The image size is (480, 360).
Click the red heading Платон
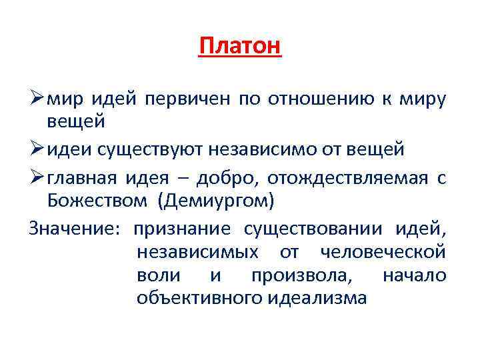[x=240, y=47]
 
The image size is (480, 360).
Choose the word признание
[x=182, y=229]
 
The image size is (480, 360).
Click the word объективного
[x=199, y=298]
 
